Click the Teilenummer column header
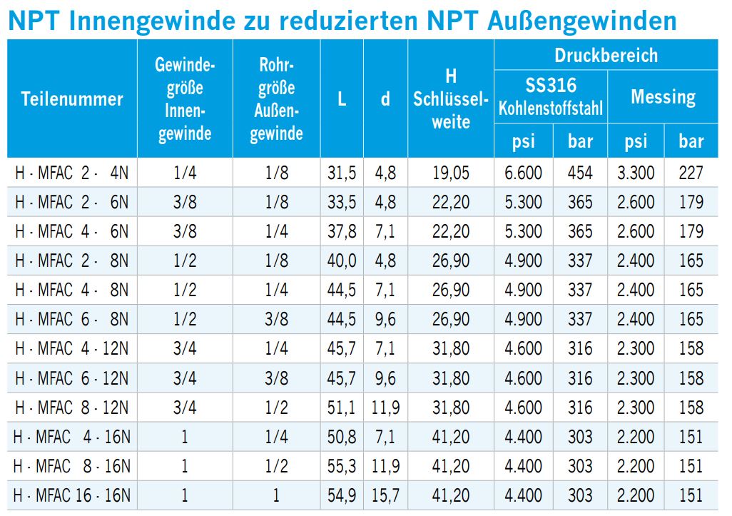point(72,99)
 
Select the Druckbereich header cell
point(606,55)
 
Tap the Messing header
point(663,96)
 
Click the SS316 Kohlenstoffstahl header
point(550,96)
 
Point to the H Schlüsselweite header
point(450,99)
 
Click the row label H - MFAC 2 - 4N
point(72,173)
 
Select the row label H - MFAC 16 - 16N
point(72,495)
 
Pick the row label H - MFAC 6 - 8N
point(72,319)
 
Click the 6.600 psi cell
point(523,173)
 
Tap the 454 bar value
point(580,173)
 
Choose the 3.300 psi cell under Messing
point(636,173)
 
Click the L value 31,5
point(342,173)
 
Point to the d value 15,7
point(385,495)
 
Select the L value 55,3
point(342,465)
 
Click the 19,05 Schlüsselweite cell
point(450,173)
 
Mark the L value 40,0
point(342,260)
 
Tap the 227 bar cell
point(691,173)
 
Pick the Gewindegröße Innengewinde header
point(185,99)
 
